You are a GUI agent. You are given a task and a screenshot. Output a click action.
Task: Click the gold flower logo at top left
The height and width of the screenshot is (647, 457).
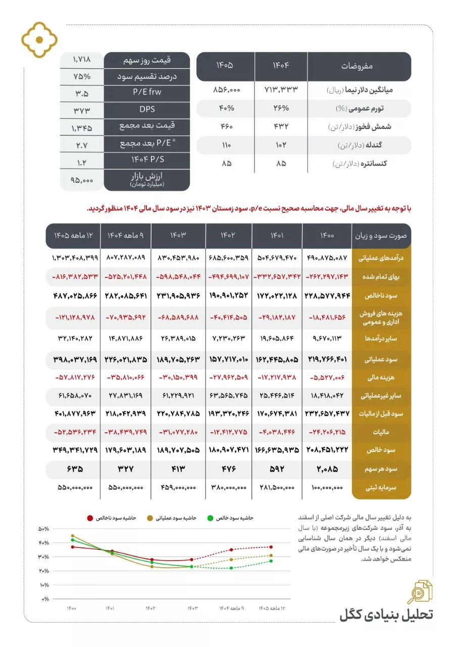(x=39, y=40)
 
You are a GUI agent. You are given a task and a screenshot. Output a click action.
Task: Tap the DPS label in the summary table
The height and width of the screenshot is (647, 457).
(x=147, y=109)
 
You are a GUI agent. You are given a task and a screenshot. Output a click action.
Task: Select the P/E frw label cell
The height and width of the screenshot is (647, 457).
(x=147, y=93)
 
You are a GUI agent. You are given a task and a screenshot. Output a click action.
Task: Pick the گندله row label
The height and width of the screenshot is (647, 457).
(x=372, y=146)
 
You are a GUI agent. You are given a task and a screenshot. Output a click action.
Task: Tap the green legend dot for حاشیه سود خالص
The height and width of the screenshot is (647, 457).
(x=219, y=518)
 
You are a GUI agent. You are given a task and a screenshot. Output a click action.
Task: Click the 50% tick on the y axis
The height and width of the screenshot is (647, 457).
(x=44, y=529)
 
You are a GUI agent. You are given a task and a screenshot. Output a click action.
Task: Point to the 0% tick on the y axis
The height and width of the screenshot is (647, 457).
(x=45, y=599)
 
